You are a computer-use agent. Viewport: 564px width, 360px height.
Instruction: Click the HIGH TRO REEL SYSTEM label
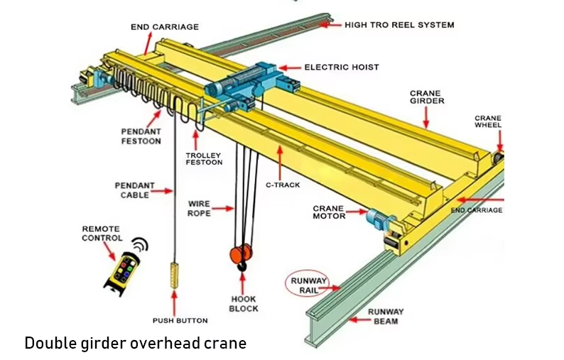[399, 25]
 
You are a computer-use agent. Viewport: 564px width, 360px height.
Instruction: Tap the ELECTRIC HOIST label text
[342, 67]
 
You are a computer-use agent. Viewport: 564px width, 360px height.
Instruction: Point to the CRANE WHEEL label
[488, 121]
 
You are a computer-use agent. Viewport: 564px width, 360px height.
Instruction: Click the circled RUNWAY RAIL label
[309, 285]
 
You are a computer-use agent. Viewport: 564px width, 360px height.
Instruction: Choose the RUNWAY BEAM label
[386, 316]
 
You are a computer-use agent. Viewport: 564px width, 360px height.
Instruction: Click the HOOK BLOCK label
[244, 304]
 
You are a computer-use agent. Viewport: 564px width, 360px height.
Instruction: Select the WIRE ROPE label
[200, 209]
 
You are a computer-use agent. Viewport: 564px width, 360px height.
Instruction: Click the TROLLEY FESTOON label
[204, 158]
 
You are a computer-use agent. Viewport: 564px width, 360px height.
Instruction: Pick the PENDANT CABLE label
[134, 190]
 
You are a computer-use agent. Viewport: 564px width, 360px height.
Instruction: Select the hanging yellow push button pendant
[173, 273]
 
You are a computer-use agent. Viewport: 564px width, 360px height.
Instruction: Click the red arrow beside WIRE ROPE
[223, 209]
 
